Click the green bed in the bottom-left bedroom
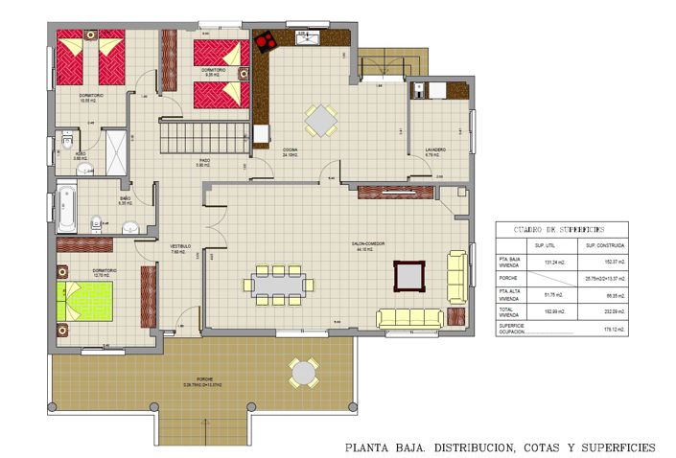pyautogui.click(x=88, y=301)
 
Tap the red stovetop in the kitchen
pyautogui.click(x=263, y=41)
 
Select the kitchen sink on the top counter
pyautogui.click(x=308, y=38)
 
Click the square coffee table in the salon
pyautogui.click(x=409, y=276)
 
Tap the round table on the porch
pyautogui.click(x=305, y=371)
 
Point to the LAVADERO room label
pyautogui.click(x=436, y=149)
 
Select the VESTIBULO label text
pyautogui.click(x=180, y=246)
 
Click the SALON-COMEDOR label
pyautogui.click(x=367, y=243)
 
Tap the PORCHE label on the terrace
pyautogui.click(x=204, y=379)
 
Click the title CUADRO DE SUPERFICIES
pyautogui.click(x=561, y=230)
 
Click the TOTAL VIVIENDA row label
pyautogui.click(x=509, y=310)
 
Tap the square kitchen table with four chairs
pyautogui.click(x=321, y=121)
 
